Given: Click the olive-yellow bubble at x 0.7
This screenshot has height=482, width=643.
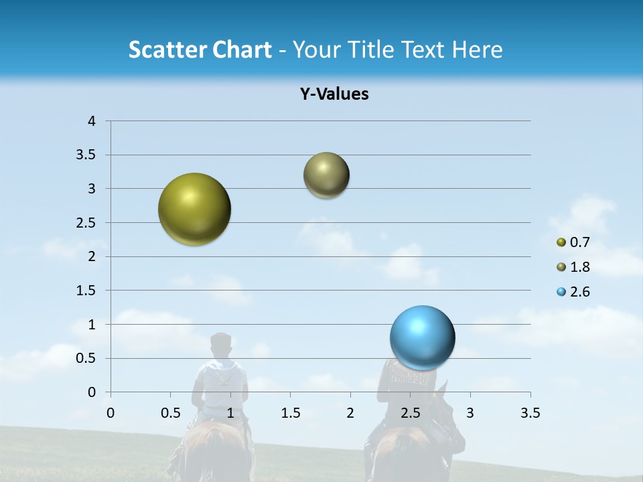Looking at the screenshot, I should tap(194, 209).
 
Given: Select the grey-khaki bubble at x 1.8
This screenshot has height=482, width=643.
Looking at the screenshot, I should tap(326, 175).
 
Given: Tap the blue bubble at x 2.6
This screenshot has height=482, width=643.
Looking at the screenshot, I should tap(422, 337).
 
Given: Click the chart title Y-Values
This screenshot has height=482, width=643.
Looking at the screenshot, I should tap(334, 94).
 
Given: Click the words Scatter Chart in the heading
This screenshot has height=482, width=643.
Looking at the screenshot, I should tap(200, 50).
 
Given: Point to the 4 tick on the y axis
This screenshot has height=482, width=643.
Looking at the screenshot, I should tap(92, 121).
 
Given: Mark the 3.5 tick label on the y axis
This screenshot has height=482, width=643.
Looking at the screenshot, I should tap(86, 155).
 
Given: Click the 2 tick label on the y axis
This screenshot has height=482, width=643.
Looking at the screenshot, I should tap(92, 256).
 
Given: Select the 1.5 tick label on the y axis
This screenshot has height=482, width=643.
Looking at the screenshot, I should tap(86, 291).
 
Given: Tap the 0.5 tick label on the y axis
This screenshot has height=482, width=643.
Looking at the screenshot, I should tap(86, 358).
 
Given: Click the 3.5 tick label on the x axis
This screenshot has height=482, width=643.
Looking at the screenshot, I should tap(530, 413).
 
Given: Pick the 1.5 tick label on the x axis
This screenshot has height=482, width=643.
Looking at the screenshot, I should tap(290, 413).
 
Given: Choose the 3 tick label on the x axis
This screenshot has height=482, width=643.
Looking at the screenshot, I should tap(470, 413).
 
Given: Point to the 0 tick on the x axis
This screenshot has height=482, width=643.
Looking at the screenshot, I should tap(111, 413).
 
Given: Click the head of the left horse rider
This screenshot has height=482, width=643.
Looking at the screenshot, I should tap(220, 346).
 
